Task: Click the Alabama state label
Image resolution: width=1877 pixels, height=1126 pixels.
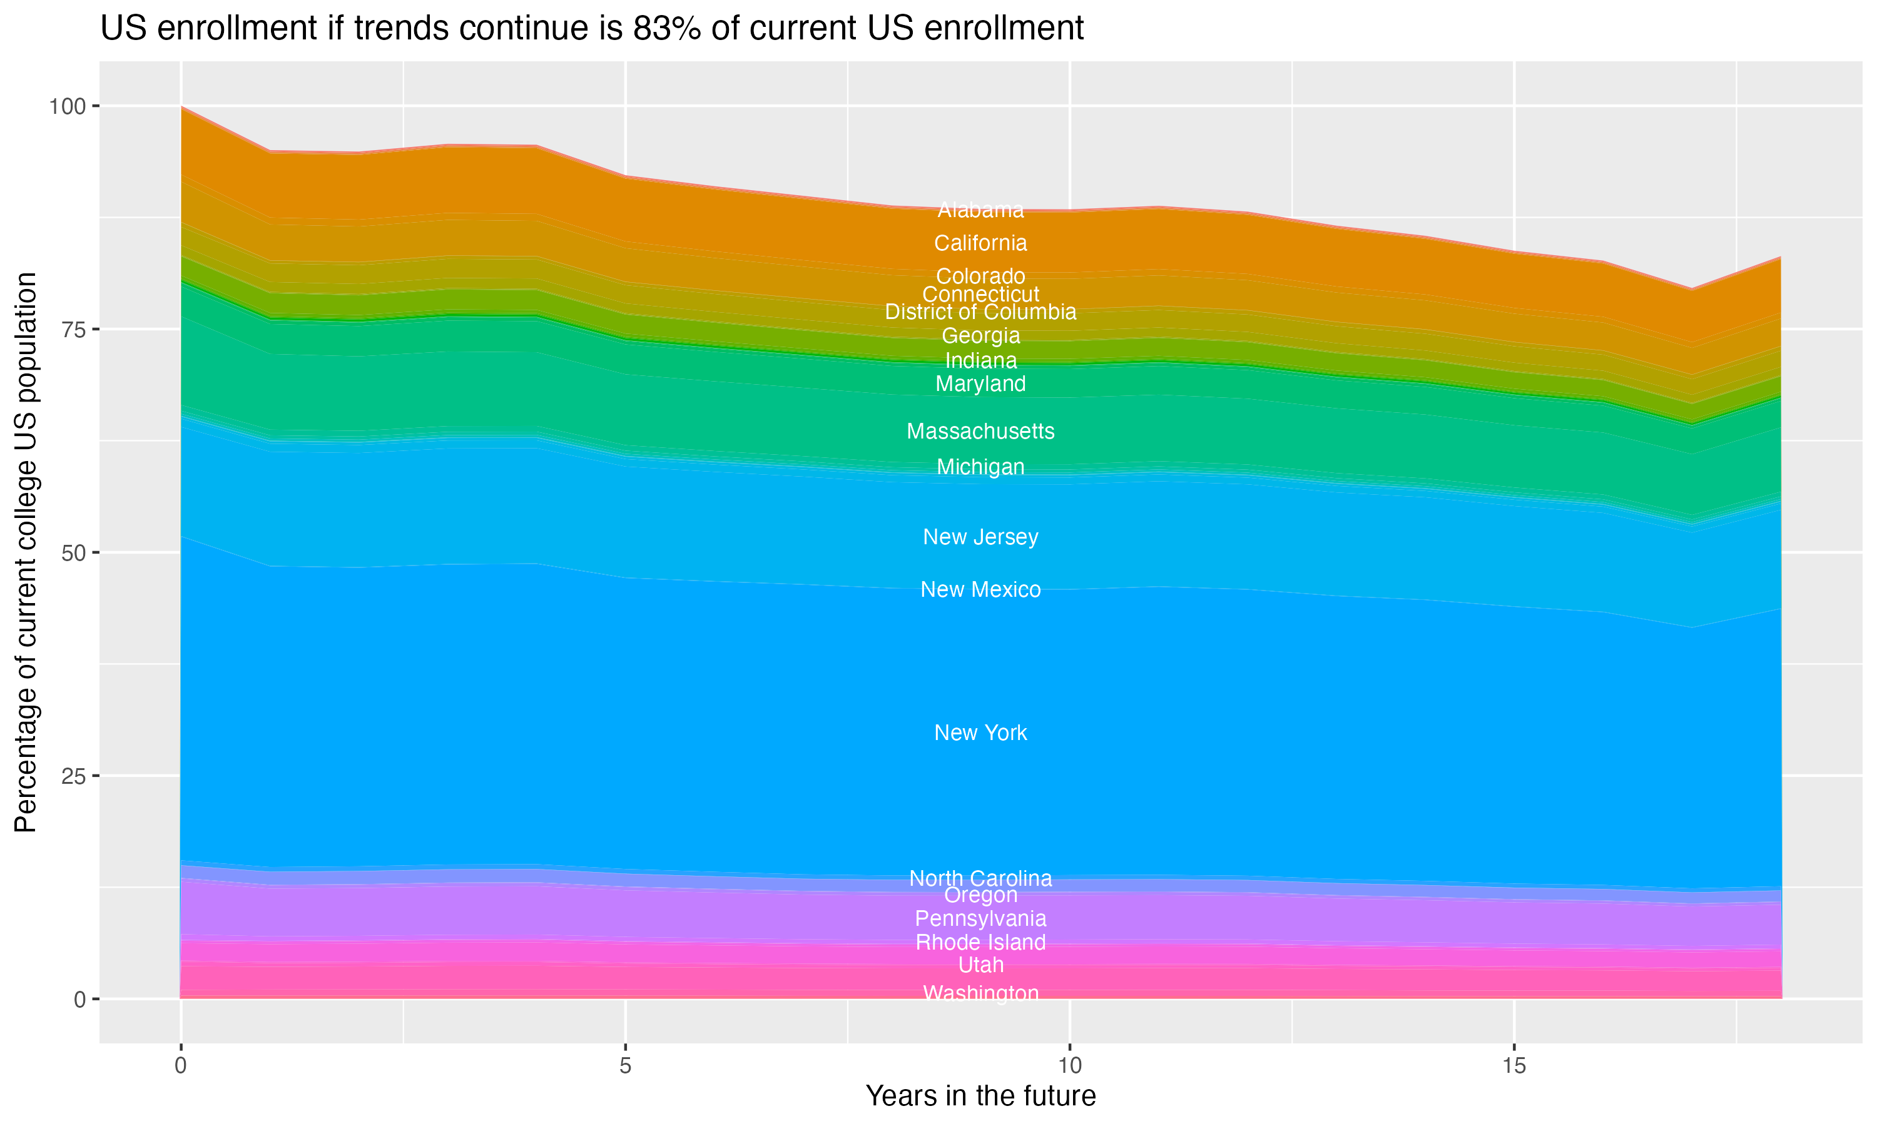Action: [980, 210]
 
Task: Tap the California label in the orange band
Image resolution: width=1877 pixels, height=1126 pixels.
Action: [980, 243]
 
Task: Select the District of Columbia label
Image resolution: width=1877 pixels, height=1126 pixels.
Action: [980, 312]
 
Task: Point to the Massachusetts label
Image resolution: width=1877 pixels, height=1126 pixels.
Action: [980, 432]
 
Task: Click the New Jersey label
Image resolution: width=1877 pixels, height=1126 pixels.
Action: [980, 537]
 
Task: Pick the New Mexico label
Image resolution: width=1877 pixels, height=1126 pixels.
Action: [980, 589]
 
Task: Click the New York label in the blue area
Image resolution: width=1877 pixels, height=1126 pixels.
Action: [980, 733]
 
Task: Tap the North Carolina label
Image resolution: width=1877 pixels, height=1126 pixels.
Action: [980, 879]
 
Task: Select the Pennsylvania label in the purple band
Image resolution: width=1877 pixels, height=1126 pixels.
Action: [980, 919]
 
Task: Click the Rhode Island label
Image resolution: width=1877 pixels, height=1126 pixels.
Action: [980, 942]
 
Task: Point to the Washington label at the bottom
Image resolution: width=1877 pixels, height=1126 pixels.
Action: [980, 993]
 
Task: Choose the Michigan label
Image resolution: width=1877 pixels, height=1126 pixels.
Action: [980, 467]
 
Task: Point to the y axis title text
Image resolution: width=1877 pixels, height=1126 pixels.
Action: [26, 552]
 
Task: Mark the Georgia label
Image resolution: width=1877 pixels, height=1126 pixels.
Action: [980, 336]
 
